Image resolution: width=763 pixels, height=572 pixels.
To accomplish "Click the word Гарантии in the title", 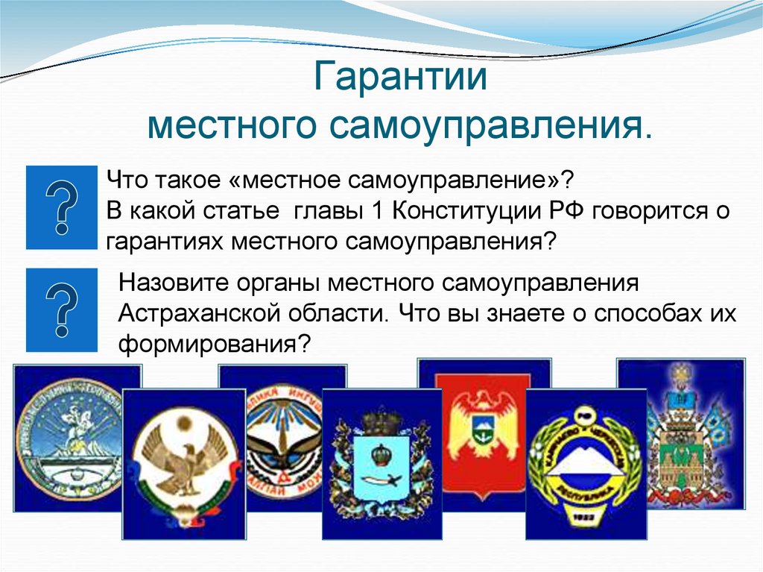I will click(399, 79).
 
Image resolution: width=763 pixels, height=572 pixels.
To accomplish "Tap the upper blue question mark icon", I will click(62, 207).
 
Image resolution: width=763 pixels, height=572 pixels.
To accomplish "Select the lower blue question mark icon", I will click(62, 309).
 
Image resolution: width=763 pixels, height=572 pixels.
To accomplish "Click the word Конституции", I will click(469, 212).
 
